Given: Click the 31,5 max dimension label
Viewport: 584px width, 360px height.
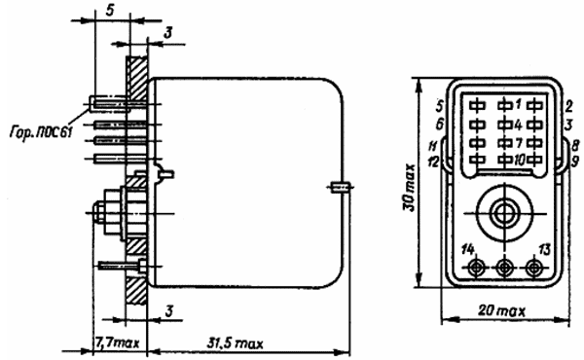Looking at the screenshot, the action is coord(235,343).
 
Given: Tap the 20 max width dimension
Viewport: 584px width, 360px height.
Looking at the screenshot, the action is coord(501,310).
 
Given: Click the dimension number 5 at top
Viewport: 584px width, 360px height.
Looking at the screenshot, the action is coord(109,11).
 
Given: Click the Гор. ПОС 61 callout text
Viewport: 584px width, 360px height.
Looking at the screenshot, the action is coord(41,132).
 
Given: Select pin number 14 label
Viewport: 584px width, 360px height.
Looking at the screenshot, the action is coord(468,249).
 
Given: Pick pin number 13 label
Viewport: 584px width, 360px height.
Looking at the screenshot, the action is coord(544,249).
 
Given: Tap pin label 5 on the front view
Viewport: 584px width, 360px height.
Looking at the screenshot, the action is coord(440,106).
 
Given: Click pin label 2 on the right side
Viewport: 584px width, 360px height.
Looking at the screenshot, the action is coord(568,106).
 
